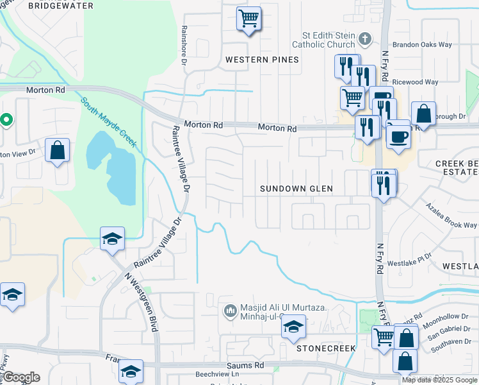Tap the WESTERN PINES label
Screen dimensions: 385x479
click(262, 60)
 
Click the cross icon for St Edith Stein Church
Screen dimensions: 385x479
click(365, 38)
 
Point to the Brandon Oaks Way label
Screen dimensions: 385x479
click(423, 45)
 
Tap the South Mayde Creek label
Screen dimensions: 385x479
click(109, 122)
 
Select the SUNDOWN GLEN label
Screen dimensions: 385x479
click(296, 189)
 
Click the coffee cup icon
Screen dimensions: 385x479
click(399, 136)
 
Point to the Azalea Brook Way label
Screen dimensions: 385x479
click(453, 216)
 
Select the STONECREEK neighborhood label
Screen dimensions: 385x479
click(325, 348)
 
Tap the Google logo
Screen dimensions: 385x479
click(20, 378)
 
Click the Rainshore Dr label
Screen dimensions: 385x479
click(184, 45)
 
